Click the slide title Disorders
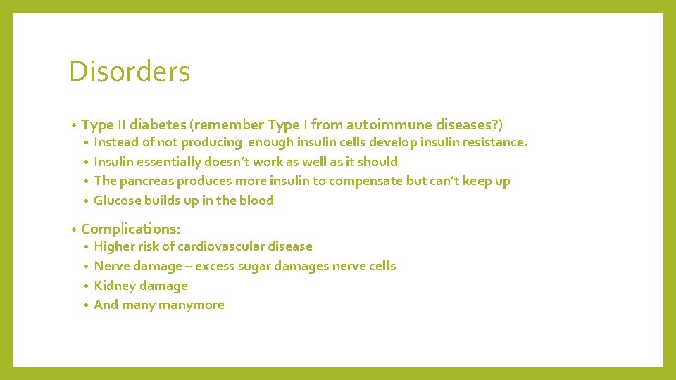click(130, 71)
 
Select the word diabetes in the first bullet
click(158, 125)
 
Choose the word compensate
click(366, 181)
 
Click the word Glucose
click(117, 201)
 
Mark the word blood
click(256, 201)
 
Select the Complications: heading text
click(131, 229)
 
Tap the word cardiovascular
click(220, 246)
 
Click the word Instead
click(116, 142)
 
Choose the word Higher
click(115, 246)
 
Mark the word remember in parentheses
click(230, 125)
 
